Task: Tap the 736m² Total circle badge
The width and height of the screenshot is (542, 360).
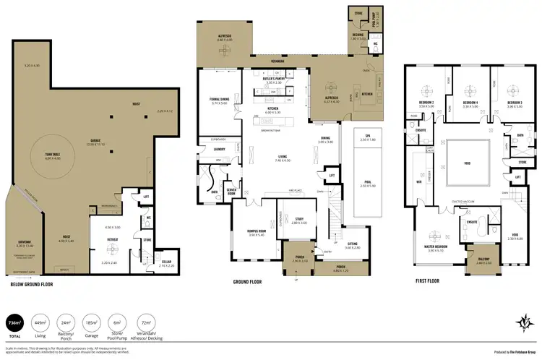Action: (13, 322)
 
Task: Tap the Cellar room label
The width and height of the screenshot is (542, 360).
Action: (165, 263)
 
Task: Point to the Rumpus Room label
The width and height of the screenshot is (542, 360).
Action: (257, 231)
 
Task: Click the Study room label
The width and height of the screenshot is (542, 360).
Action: (299, 220)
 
